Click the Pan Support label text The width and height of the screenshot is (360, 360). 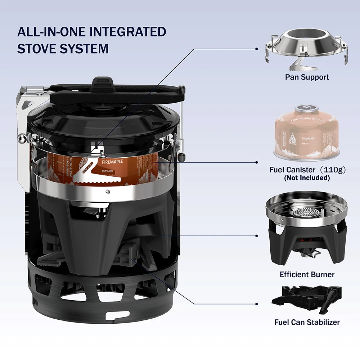307,77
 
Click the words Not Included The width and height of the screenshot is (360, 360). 307,178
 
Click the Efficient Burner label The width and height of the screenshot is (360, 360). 307,275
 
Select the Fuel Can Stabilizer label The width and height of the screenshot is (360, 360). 307,322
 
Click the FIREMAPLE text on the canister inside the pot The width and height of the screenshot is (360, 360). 112,162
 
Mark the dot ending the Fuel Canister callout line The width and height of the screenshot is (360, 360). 257,162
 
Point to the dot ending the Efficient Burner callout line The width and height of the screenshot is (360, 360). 257,236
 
